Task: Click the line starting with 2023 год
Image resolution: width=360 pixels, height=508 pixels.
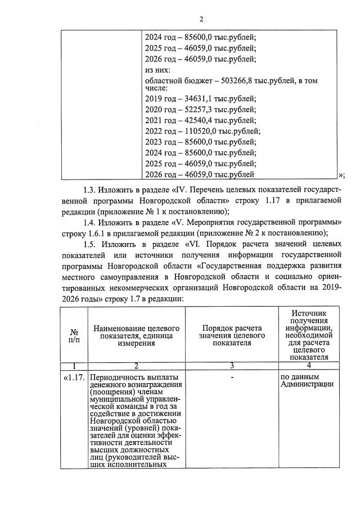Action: click(x=200, y=142)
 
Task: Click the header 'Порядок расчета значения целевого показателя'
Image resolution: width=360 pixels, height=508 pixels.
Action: click(x=231, y=335)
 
